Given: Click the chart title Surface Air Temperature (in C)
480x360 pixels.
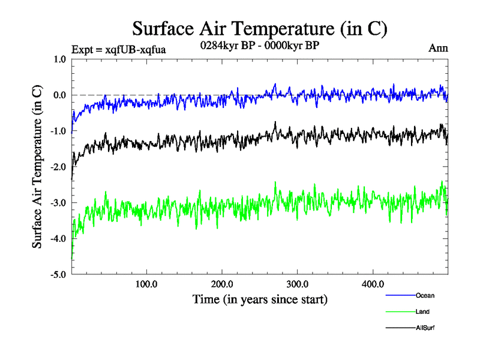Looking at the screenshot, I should pos(260,28).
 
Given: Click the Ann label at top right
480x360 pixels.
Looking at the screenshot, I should pos(439,49).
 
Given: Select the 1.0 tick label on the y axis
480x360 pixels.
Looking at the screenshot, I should pos(59,59).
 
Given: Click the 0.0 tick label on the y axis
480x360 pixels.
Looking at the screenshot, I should pos(59,95).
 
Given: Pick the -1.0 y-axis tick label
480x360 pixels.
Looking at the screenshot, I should pos(58,131).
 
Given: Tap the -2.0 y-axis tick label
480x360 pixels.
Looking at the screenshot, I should pos(58,167).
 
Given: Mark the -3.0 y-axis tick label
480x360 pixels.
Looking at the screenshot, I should pos(58,203).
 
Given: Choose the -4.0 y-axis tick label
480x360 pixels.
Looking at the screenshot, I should pos(58,239).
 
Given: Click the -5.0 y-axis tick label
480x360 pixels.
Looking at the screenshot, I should pos(58,275).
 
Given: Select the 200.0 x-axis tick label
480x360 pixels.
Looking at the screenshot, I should pos(222,284).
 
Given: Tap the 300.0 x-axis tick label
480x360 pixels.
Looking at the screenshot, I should pos(298,284).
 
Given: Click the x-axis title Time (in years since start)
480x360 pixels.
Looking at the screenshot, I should pos(260,299).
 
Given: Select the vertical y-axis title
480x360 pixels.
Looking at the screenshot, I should pos(37,167).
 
